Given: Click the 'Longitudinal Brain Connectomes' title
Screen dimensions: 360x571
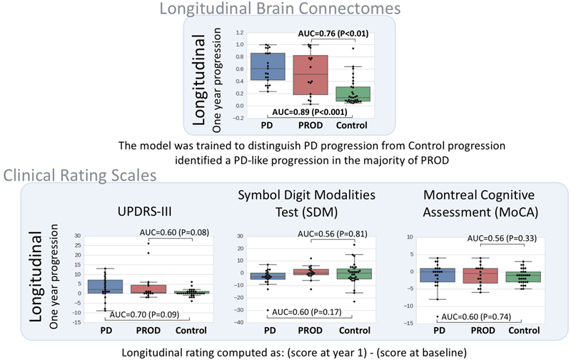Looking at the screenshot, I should (285, 9).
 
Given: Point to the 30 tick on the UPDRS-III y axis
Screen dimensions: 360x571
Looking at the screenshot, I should (77, 235).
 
